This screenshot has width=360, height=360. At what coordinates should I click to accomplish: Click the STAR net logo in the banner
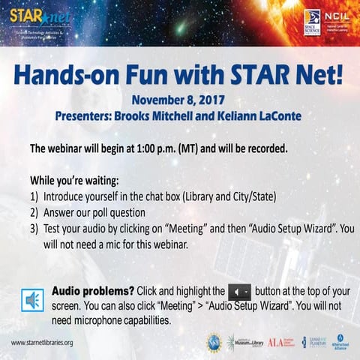pyautogui.click(x=30, y=18)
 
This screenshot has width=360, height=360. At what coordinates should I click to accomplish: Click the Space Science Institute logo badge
pyautogui.click(x=312, y=22)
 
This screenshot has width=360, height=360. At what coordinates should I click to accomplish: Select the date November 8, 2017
pyautogui.click(x=178, y=100)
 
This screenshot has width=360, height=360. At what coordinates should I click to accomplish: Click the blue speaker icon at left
pyautogui.click(x=32, y=299)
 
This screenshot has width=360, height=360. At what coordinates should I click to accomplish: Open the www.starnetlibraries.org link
pyautogui.click(x=42, y=343)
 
